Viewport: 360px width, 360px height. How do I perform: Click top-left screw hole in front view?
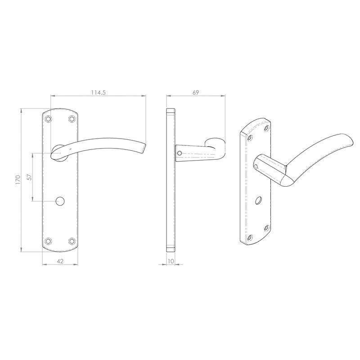(48, 119)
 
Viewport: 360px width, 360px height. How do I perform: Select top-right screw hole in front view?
(71, 119)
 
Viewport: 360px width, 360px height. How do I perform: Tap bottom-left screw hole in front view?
(48, 241)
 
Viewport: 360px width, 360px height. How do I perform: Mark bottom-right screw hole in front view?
(71, 241)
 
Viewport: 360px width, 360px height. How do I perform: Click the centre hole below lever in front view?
(59, 200)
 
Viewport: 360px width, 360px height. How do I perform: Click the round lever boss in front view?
(59, 152)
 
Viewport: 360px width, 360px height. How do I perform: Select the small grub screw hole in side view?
(180, 153)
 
